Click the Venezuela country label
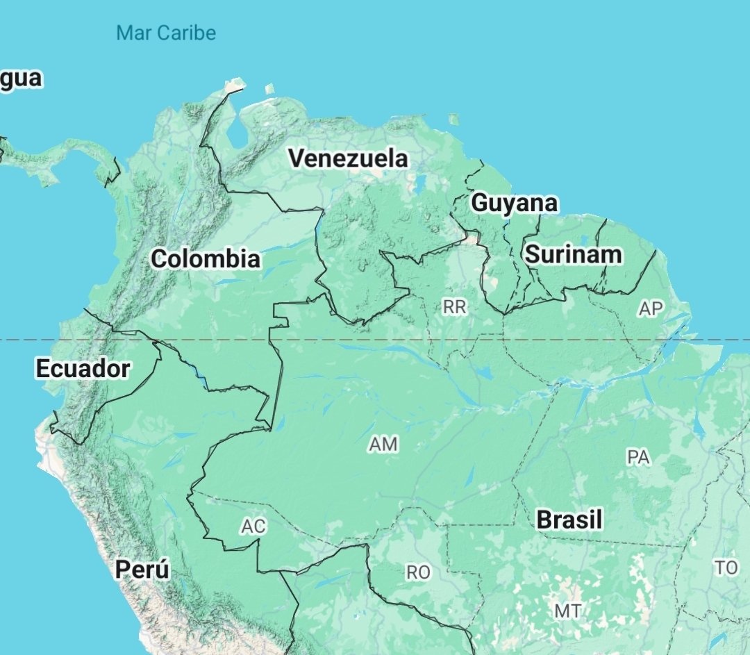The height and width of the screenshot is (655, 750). pyautogui.click(x=348, y=158)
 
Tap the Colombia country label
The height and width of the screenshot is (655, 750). pyautogui.click(x=206, y=259)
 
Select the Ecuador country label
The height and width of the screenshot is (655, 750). pyautogui.click(x=83, y=368)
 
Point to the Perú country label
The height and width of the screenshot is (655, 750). pyautogui.click(x=142, y=570)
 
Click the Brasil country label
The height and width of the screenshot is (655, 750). pyautogui.click(x=569, y=520)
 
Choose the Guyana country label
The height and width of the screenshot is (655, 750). pyautogui.click(x=514, y=203)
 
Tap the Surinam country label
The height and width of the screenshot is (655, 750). pyautogui.click(x=573, y=254)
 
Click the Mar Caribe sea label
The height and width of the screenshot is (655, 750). pyautogui.click(x=166, y=33)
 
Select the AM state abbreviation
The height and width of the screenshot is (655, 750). pyautogui.click(x=384, y=445)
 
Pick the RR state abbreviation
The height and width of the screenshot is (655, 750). pyautogui.click(x=455, y=307)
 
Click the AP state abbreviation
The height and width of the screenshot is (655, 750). pyautogui.click(x=651, y=309)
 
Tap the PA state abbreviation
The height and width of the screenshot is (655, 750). pyautogui.click(x=637, y=457)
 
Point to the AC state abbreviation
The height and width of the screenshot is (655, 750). pyautogui.click(x=253, y=527)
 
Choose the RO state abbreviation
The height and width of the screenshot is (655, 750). pyautogui.click(x=418, y=572)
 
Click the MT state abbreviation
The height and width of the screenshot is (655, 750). pyautogui.click(x=567, y=611)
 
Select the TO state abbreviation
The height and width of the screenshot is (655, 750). pyautogui.click(x=726, y=568)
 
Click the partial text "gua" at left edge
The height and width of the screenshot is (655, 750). pyautogui.click(x=21, y=78)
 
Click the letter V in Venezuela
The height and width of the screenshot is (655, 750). pyautogui.click(x=297, y=158)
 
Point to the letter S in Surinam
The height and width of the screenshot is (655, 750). pyautogui.click(x=532, y=254)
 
